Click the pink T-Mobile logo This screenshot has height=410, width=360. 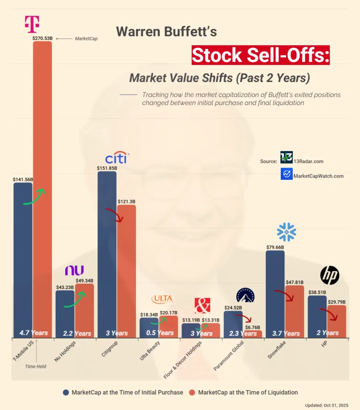click(x=32, y=24)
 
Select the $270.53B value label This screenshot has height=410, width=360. click(x=42, y=38)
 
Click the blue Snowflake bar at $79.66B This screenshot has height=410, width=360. click(x=275, y=294)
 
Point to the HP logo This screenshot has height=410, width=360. click(x=330, y=275)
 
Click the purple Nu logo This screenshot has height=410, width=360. click(x=74, y=270)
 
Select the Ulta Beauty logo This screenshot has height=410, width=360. click(x=162, y=299)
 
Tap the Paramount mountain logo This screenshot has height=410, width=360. click(x=245, y=296)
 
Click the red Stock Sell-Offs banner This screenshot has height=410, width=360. click(x=260, y=55)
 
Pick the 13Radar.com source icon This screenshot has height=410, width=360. click(x=286, y=157)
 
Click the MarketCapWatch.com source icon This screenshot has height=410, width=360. click(x=286, y=174)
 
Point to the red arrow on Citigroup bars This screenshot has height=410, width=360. click(x=115, y=215)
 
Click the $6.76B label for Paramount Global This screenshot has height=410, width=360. click(x=252, y=327)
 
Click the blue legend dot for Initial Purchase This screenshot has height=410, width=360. click(x=66, y=392)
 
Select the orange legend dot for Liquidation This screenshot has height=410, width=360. click(x=192, y=392)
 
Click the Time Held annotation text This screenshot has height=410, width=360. click(x=36, y=366)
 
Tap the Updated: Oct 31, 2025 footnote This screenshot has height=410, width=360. click(x=326, y=405)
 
